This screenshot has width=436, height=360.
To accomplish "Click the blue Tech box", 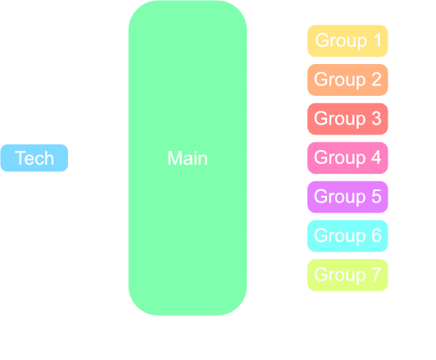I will pyautogui.click(x=34, y=158).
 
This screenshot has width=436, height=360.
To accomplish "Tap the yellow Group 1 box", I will pyautogui.click(x=347, y=40).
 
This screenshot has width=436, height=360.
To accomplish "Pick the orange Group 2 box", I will pyautogui.click(x=347, y=80).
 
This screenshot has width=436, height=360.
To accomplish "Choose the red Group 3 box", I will pyautogui.click(x=347, y=119).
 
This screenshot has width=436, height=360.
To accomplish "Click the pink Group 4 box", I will pyautogui.click(x=347, y=157).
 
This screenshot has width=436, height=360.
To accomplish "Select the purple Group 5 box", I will pyautogui.click(x=347, y=197).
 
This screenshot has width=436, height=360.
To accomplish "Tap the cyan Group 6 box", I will pyautogui.click(x=347, y=236).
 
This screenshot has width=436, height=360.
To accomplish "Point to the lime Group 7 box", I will pyautogui.click(x=347, y=275).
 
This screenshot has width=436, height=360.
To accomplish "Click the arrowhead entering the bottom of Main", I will pyautogui.click(x=188, y=321).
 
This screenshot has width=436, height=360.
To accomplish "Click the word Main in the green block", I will pyautogui.click(x=187, y=158).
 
